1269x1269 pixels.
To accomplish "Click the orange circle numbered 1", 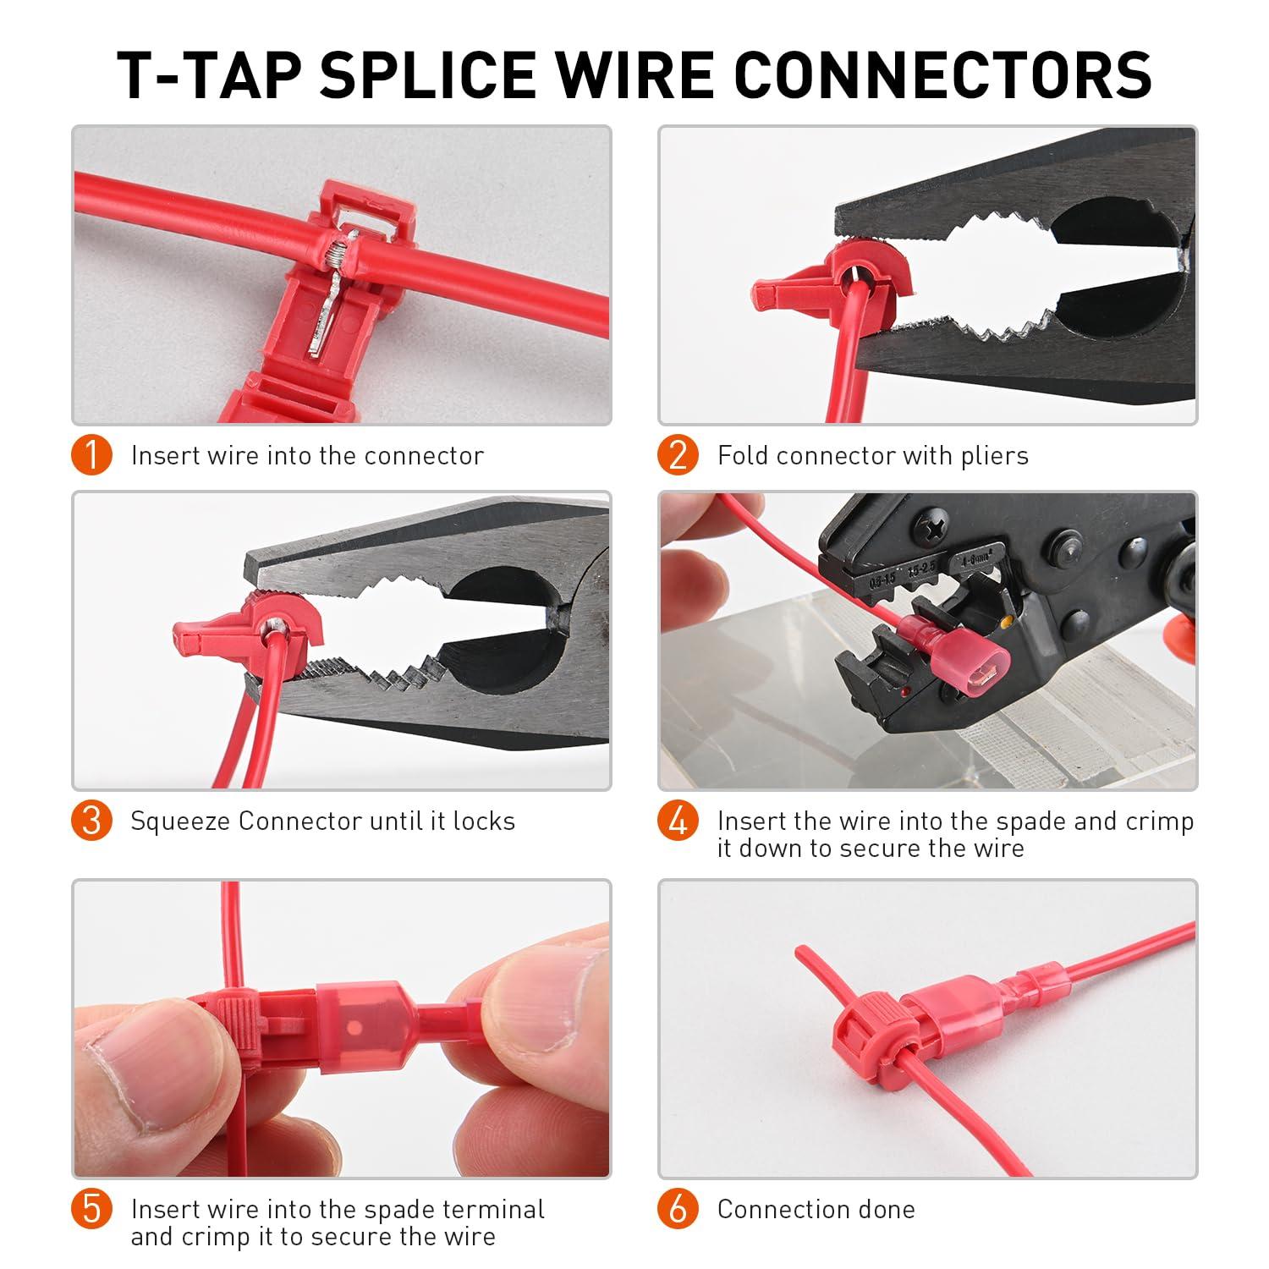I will [92, 455].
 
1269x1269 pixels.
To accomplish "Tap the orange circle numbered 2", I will [678, 455].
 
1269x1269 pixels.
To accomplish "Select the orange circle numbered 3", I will [92, 821].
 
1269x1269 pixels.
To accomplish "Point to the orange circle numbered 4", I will [678, 821].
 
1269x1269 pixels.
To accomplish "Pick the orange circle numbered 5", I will [92, 1209].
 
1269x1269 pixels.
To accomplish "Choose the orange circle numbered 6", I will [678, 1209].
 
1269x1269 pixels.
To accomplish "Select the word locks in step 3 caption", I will [484, 821].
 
